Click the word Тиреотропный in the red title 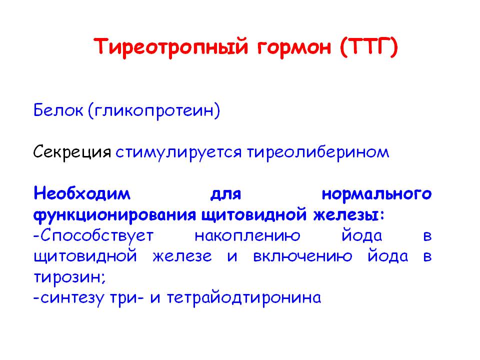coord(170,47)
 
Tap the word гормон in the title coord(294,48)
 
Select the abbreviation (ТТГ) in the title coord(369,47)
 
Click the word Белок coord(58,110)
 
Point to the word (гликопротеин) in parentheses coord(154,111)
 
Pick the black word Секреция coord(72,152)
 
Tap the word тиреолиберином coord(318,152)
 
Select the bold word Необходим coord(82,193)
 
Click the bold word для coord(226,194)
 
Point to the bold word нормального coord(377,194)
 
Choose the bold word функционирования coord(114,215)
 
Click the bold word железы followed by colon coord(348,215)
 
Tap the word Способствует coord(93,236)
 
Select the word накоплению coord(247,236)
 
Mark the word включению coord(303,257)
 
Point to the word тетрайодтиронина coord(244,298)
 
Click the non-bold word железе coord(182,257)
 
